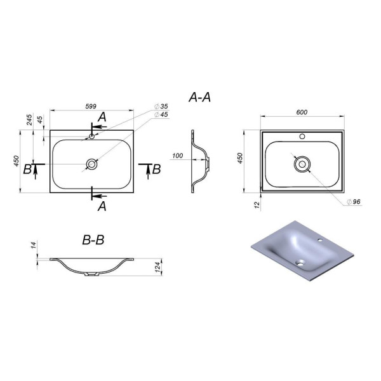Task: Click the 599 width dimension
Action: [91, 107]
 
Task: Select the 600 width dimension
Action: [302, 112]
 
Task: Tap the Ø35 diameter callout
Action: [161, 107]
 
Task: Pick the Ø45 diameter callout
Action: [161, 114]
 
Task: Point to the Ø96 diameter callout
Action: [354, 202]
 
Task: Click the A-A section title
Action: [199, 97]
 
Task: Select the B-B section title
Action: [93, 240]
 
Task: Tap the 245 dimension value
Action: [29, 120]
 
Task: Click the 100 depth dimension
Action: [178, 156]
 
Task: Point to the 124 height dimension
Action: [158, 267]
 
